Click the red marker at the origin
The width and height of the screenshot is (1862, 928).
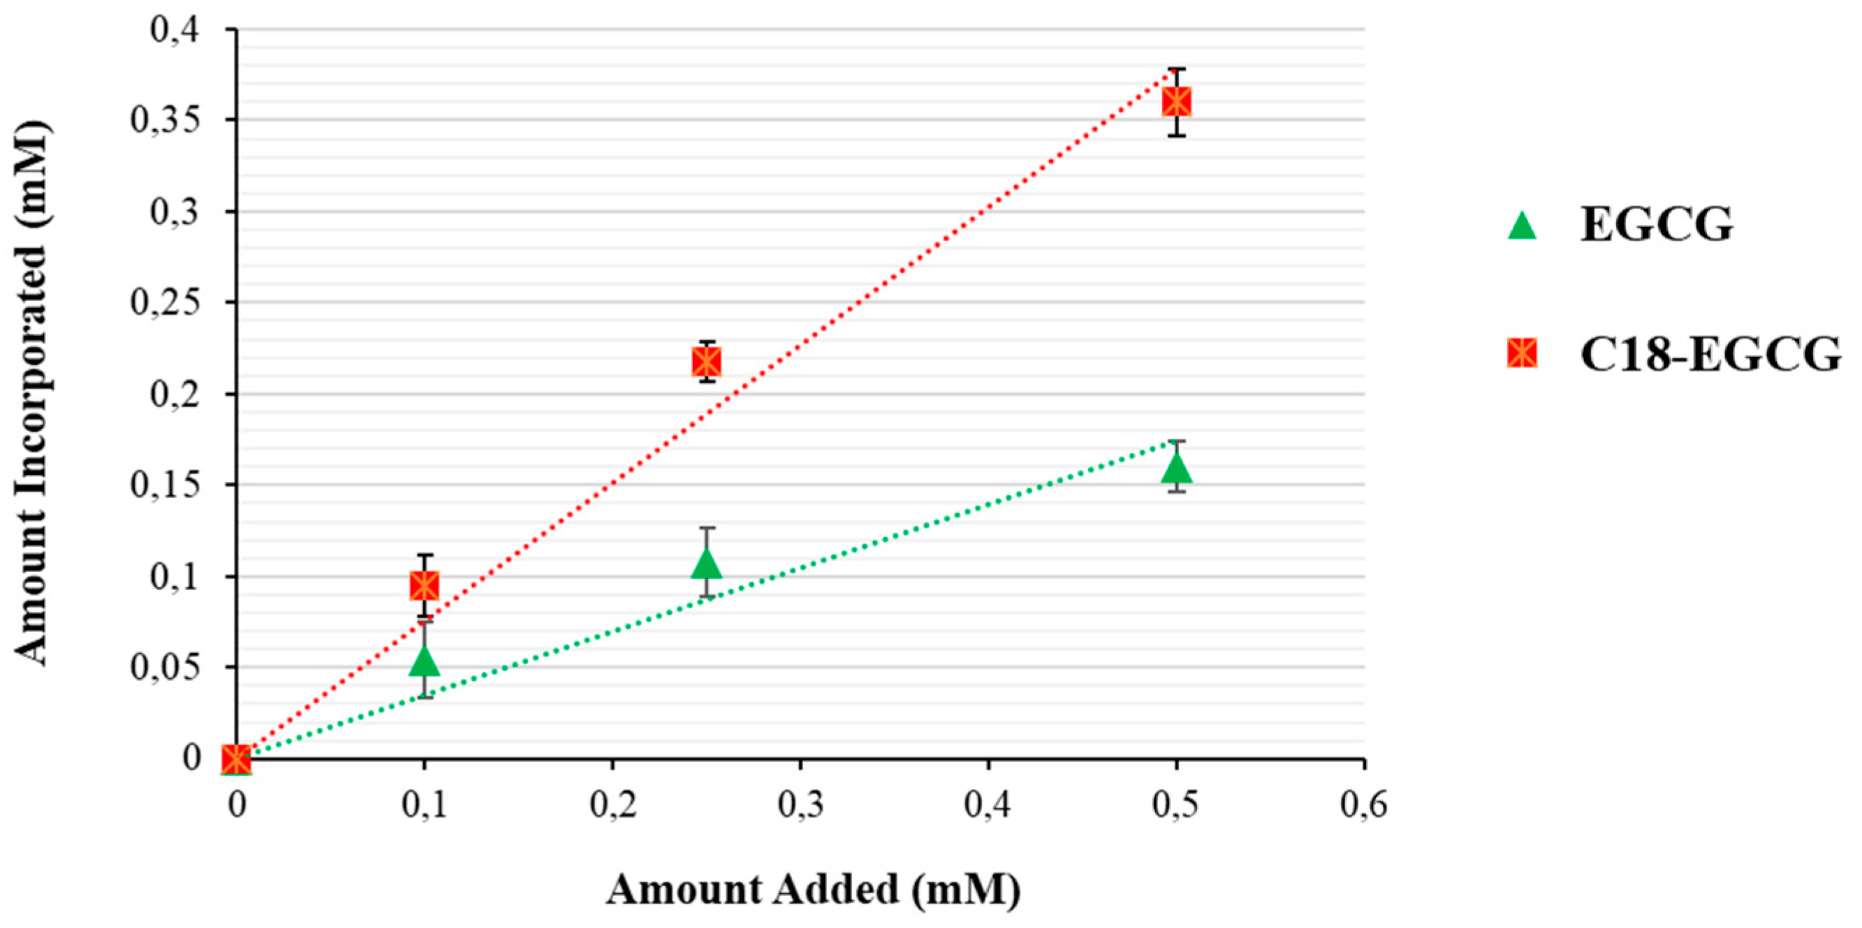click(x=236, y=759)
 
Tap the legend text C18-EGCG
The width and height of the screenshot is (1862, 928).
click(x=1710, y=355)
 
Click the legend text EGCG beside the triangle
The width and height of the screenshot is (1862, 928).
click(x=1656, y=225)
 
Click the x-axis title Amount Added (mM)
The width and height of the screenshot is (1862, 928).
click(x=813, y=890)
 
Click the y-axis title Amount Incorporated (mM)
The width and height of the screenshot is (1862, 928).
click(x=32, y=394)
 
